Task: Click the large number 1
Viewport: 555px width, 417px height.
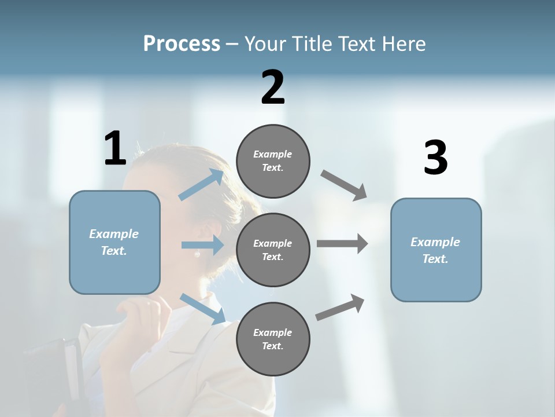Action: tap(115, 148)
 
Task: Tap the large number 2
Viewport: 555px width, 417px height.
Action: tap(273, 87)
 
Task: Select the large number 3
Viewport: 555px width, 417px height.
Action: tap(436, 158)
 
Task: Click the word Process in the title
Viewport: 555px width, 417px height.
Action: tap(182, 43)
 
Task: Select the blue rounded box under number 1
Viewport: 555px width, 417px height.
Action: tap(114, 242)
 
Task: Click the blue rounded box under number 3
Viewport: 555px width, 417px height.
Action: tap(436, 250)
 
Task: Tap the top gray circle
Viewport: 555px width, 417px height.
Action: tap(273, 160)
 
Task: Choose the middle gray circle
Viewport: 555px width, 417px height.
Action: tap(273, 250)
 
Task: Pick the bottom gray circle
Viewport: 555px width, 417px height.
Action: tap(273, 339)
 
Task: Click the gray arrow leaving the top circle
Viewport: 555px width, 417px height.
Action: tap(343, 185)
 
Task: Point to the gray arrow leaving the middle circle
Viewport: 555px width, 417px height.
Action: tap(342, 244)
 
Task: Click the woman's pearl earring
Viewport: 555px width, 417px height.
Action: tap(197, 254)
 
